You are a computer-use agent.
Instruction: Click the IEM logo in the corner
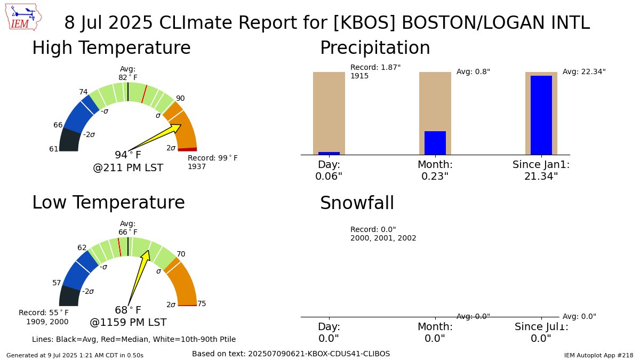point(25,17)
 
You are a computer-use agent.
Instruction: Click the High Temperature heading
point(111,49)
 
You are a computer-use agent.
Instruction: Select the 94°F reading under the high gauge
point(128,155)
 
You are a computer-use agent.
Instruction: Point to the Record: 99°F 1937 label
point(212,162)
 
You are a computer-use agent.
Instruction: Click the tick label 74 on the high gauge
point(83,92)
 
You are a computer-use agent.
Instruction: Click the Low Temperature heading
point(108,203)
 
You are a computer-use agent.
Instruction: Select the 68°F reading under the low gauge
point(128,310)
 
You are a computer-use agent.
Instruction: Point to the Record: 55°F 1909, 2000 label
point(44,317)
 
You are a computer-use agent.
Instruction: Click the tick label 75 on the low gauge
point(202,304)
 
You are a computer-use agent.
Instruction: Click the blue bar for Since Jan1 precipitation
point(541,115)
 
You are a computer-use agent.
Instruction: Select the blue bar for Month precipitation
point(435,143)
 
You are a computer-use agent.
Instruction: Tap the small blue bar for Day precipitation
point(329,153)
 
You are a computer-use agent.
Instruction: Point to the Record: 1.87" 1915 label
point(375,71)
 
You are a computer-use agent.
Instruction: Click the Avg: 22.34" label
point(584,71)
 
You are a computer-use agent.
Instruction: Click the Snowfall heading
point(357,203)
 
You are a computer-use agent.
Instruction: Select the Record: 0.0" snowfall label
point(373,229)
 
